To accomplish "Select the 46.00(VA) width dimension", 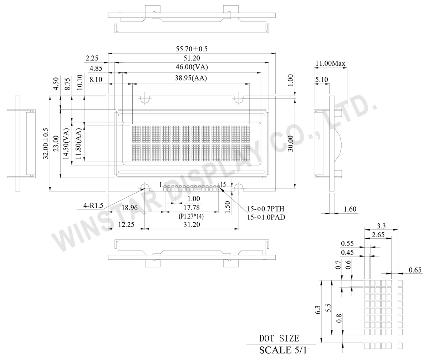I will [192, 67].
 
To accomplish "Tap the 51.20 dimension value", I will [192, 58].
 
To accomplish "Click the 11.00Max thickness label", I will [330, 64].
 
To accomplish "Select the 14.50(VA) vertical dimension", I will [66, 145].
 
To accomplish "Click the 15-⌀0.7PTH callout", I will [266, 209].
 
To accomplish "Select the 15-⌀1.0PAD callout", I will [266, 217].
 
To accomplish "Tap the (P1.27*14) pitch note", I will [193, 216].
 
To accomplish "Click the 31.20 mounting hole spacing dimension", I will [192, 224].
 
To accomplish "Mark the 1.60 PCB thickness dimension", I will [350, 209].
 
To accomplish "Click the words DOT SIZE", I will [279, 338].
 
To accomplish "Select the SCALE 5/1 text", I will [282, 350].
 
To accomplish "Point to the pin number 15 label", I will [223, 184].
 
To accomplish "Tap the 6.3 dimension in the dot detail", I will [318, 310].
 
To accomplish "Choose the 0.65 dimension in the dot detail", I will [415, 270].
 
